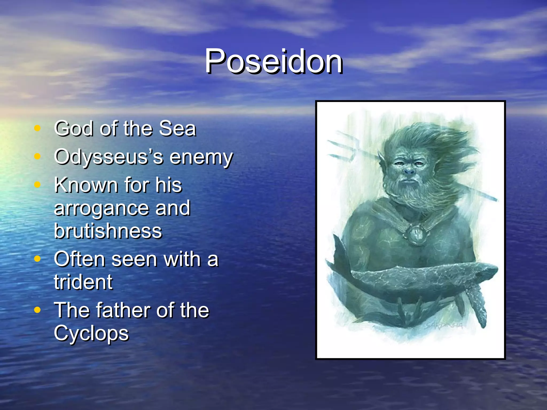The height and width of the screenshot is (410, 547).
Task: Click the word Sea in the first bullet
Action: tap(177, 129)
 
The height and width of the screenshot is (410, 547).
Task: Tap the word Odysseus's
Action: tap(108, 157)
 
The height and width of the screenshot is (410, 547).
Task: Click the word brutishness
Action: tap(108, 231)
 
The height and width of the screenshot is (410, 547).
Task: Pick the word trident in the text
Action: tap(83, 282)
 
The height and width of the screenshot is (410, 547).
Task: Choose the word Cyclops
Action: tap(91, 334)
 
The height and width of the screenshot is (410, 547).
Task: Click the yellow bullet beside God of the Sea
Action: tap(37, 128)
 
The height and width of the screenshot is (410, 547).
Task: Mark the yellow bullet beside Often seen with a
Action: tap(37, 259)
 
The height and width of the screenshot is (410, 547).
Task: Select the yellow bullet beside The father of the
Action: tap(37, 310)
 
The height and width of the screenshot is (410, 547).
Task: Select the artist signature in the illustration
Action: tap(443, 325)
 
